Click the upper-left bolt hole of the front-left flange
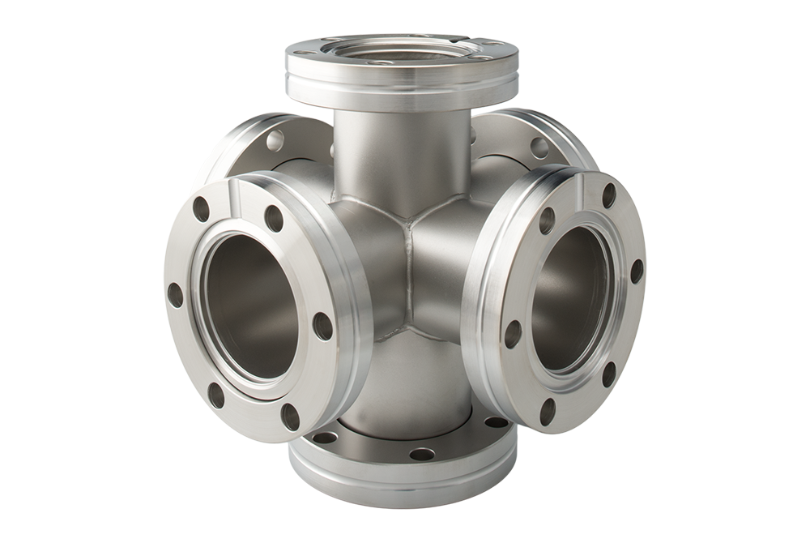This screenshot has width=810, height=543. (x=201, y=209)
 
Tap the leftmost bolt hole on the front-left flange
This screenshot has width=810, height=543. (x=175, y=294)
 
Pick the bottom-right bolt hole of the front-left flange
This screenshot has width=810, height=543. (x=291, y=417)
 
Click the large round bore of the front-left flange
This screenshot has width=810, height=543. (x=251, y=306)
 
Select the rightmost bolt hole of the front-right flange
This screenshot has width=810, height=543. (x=637, y=271)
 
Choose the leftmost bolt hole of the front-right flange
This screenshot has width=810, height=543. (x=513, y=334)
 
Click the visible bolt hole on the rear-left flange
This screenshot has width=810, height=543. (x=275, y=141)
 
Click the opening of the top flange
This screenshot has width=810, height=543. (x=403, y=51)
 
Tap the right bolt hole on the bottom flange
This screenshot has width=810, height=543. (x=496, y=422)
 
